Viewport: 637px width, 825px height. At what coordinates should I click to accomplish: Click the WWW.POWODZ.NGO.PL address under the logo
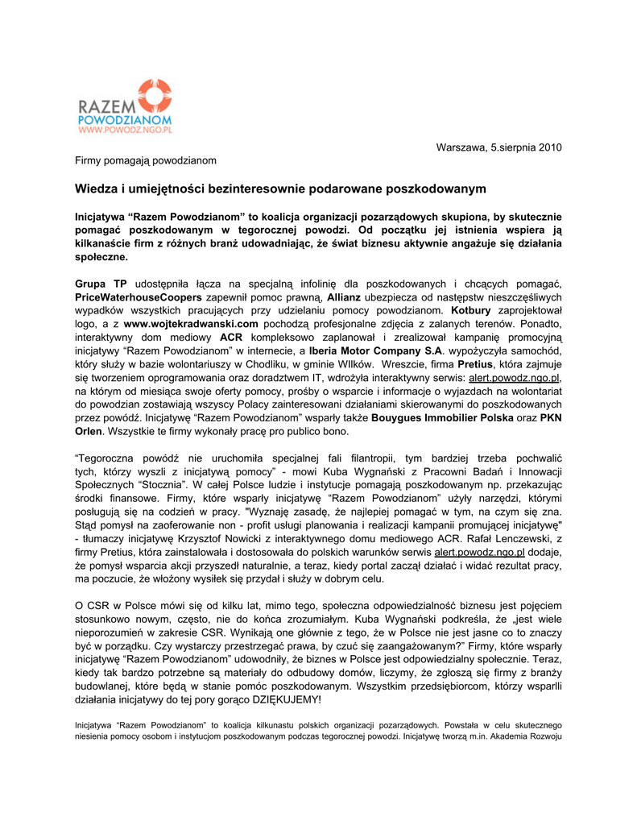click(x=125, y=128)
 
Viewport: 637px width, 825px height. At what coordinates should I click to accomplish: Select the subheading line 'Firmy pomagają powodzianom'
click(x=146, y=160)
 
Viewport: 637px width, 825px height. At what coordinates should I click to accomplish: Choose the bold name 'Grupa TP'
click(x=101, y=284)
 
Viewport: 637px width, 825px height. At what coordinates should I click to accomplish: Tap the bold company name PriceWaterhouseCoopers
click(x=139, y=296)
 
